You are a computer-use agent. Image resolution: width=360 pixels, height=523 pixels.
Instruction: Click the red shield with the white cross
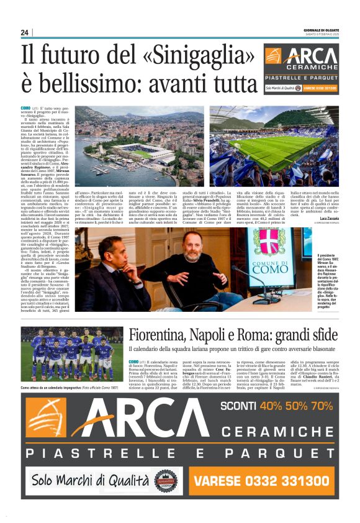[269, 242]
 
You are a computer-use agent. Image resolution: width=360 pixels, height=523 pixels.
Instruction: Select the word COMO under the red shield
[269, 269]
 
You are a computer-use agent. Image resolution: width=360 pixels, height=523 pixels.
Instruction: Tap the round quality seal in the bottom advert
[166, 480]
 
